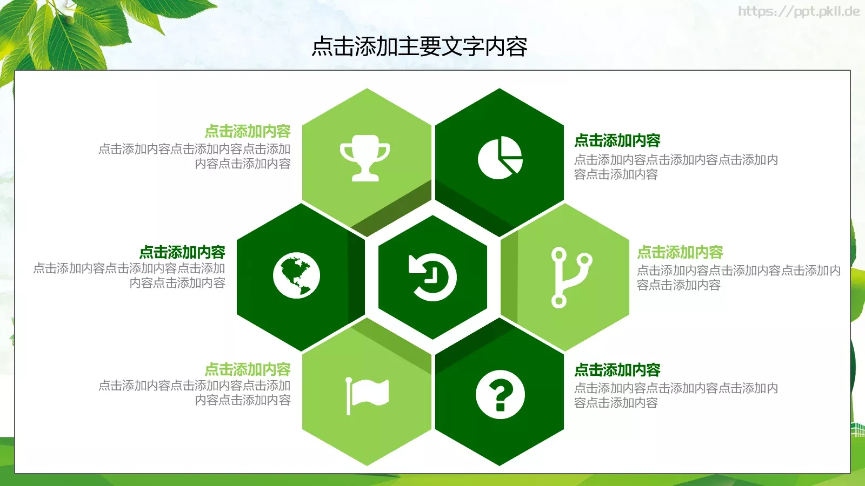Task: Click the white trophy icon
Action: point(365,157)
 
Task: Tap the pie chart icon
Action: point(500,158)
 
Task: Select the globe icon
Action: point(296,275)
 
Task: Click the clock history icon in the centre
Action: point(432,277)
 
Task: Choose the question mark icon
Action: point(500,395)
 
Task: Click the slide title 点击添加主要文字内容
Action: point(420,47)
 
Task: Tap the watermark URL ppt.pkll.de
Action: point(799,11)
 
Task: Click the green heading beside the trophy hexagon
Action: point(248,131)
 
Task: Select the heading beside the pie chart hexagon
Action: point(617,140)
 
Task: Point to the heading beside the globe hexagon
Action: point(182,252)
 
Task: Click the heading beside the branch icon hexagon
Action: point(680,252)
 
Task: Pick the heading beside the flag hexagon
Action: point(248,369)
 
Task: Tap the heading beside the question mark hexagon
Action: point(617,370)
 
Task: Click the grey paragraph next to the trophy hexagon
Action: point(195,156)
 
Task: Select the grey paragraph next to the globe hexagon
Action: point(129,275)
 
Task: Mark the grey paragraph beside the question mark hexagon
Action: point(676,395)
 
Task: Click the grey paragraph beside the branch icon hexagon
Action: point(738,278)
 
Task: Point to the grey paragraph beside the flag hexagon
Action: point(195,393)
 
